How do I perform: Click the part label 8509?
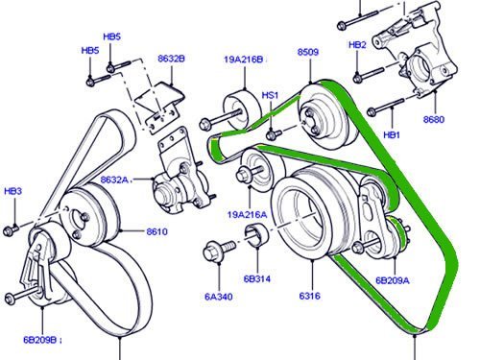tap(308, 52)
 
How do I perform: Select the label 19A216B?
tap(244, 60)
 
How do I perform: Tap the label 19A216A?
tap(247, 214)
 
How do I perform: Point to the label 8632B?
tap(171, 59)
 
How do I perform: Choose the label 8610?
tap(156, 231)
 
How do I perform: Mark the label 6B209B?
tap(40, 340)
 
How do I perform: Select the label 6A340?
tap(219, 297)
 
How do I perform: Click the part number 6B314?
tap(257, 279)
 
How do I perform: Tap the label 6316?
tap(309, 296)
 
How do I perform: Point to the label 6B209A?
tap(393, 280)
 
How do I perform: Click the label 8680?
tap(434, 119)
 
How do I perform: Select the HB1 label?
tap(392, 135)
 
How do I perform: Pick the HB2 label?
tap(357, 45)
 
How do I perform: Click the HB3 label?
tap(13, 191)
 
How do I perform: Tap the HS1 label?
tap(270, 95)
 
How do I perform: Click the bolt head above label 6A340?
tap(212, 252)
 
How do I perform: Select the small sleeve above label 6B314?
tap(257, 236)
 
